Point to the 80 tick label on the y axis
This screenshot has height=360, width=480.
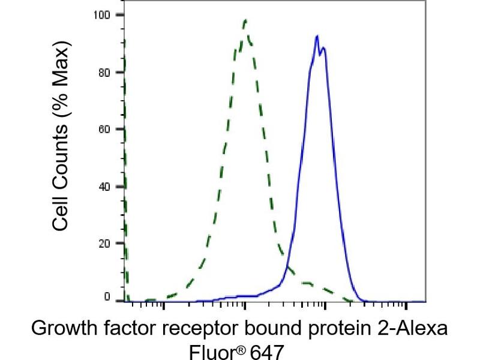point(111,72)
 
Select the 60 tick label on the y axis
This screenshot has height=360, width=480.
point(111,129)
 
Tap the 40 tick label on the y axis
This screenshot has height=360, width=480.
point(111,187)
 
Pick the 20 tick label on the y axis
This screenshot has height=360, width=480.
point(111,244)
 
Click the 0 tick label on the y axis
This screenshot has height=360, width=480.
point(114,298)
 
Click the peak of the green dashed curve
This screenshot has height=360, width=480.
point(245,20)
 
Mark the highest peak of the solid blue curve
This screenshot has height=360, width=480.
point(316,36)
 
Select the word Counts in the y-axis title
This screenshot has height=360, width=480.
point(60,158)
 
